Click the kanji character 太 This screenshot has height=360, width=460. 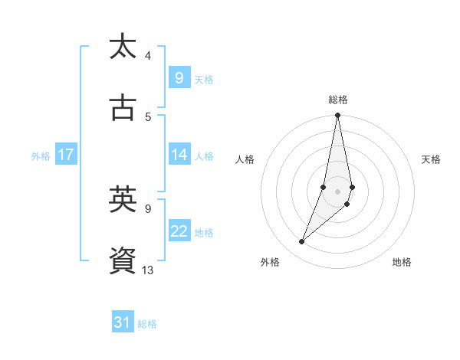click(123, 47)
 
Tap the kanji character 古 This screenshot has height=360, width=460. click(123, 108)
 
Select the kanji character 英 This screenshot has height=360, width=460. click(123, 200)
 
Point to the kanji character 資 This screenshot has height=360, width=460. click(123, 261)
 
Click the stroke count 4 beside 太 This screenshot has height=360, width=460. click(148, 55)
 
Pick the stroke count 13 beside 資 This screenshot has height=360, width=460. click(148, 270)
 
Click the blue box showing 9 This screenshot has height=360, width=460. click(179, 77)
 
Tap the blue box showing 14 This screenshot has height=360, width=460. click(179, 155)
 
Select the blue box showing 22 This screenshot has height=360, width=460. click(179, 231)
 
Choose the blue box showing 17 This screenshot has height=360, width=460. click(65, 155)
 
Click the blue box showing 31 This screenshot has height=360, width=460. click(123, 322)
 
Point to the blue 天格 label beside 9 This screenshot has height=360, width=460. click(204, 79)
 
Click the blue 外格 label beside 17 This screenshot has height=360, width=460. click(41, 155)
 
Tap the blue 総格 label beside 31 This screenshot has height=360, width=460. click(147, 324)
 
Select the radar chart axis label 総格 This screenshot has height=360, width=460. click(338, 100)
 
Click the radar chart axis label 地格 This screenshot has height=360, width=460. click(402, 262)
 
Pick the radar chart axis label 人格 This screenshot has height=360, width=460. click(245, 159)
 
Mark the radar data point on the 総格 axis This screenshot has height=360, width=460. click(338, 116)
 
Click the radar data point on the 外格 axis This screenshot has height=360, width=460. click(301, 242)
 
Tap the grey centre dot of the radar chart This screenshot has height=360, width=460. click(338, 191)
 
